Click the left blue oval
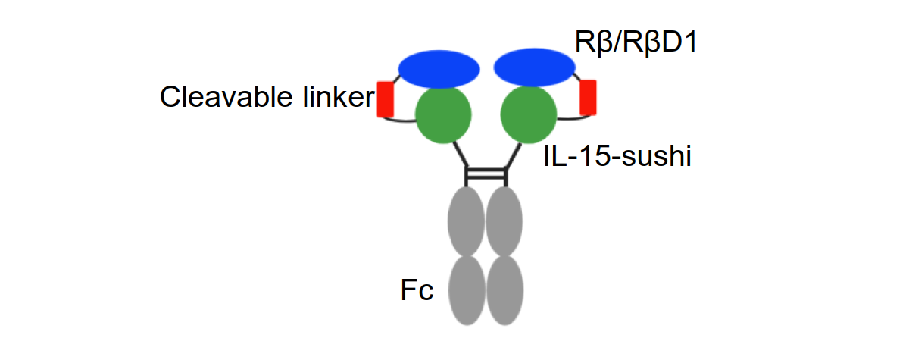tap(439, 69)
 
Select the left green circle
tap(444, 114)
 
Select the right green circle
tap(529, 114)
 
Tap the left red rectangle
tap(386, 99)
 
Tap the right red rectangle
tap(588, 97)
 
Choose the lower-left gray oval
tap(467, 290)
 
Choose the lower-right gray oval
tap(504, 290)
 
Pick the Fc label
tap(417, 290)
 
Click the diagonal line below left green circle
tap(461, 155)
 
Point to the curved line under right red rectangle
tap(573, 119)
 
